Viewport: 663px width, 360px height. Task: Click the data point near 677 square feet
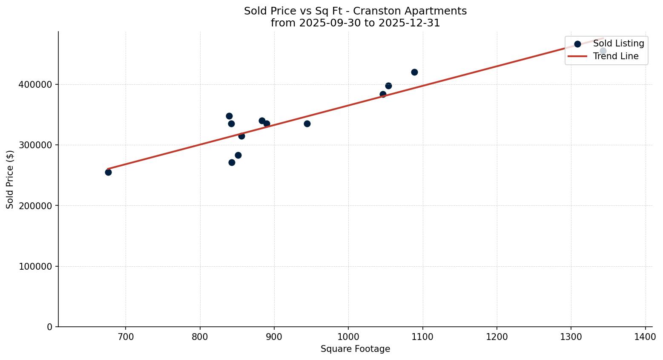(x=108, y=172)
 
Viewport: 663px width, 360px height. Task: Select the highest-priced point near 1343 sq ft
(x=603, y=51)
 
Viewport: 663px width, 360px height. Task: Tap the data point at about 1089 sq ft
(x=414, y=72)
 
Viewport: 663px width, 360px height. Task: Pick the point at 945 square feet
(x=307, y=124)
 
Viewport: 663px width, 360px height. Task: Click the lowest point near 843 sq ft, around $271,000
(x=232, y=162)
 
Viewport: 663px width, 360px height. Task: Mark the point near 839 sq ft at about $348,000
(x=229, y=116)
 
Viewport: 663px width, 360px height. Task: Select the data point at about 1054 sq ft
(x=388, y=86)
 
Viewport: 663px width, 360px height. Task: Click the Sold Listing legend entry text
(x=618, y=43)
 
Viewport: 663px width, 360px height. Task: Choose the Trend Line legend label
(x=616, y=56)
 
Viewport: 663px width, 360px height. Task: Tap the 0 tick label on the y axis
(x=50, y=327)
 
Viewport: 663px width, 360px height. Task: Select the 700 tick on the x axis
(x=126, y=337)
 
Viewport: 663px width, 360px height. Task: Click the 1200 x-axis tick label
(x=497, y=337)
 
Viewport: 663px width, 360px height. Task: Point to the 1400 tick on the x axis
(x=645, y=337)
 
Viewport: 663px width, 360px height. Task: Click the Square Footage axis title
(x=355, y=349)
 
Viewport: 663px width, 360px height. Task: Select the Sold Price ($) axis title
(x=10, y=179)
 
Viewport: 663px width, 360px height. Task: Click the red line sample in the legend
(x=577, y=56)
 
